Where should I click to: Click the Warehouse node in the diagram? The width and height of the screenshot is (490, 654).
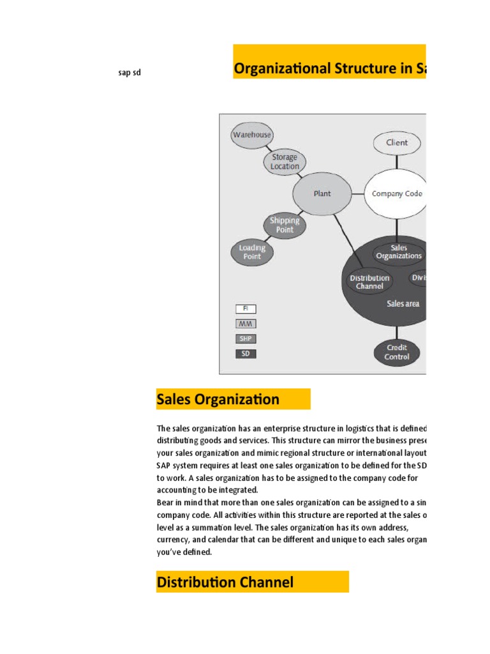point(251,135)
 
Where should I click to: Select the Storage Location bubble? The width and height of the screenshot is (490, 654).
point(285,162)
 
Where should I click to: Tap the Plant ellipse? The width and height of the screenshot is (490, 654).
point(322,194)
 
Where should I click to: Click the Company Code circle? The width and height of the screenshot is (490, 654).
point(396,194)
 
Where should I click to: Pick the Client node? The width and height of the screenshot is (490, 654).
point(396,143)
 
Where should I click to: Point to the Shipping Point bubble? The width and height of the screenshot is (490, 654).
point(285,225)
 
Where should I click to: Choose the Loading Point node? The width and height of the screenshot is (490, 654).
point(252,252)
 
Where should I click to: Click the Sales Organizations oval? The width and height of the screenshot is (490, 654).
point(399,252)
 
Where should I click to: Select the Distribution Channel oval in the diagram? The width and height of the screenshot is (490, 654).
point(369,282)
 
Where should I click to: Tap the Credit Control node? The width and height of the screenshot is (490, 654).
point(397,352)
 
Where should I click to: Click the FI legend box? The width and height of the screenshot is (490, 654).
point(246,309)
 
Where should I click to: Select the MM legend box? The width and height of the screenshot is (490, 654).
point(246,324)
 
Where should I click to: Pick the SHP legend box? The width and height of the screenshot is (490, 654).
point(246,338)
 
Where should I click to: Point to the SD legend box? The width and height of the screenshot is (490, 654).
point(246,353)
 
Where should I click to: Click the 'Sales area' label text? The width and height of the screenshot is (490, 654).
point(403,304)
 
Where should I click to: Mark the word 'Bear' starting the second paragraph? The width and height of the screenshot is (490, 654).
point(165,503)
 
